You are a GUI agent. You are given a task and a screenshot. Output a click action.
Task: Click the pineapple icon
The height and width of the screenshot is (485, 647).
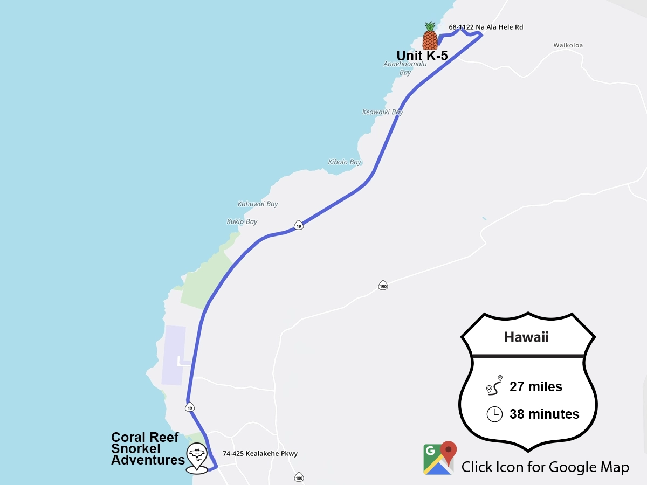point(430,36)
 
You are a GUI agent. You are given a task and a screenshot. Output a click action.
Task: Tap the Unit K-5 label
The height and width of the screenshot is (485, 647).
point(422,56)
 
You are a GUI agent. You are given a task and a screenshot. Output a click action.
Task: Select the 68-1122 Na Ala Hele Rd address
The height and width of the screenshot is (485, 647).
point(486,27)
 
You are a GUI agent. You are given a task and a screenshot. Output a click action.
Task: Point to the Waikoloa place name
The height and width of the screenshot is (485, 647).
point(568,45)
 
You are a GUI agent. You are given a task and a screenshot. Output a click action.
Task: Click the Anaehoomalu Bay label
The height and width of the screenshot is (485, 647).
point(405,68)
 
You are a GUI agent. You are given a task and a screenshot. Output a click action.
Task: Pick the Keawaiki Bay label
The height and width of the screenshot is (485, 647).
point(382,112)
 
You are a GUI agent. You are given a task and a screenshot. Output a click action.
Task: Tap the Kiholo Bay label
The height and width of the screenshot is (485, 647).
point(345,162)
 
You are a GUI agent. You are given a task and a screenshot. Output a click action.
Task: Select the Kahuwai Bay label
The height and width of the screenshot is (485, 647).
point(258,204)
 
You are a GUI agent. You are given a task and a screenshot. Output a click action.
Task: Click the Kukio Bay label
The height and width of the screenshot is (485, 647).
point(242,221)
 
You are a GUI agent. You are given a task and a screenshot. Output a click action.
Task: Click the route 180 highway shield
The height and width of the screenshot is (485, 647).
point(299,477)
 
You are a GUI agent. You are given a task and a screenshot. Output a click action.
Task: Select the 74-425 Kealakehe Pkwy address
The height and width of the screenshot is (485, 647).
point(260,454)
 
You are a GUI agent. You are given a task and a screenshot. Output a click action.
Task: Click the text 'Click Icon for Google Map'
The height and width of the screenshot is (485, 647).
point(545,467)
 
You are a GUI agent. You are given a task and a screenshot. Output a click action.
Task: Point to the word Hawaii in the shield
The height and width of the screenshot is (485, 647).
point(526,337)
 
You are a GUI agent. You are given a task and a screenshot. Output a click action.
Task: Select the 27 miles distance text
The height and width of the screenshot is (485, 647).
point(535,386)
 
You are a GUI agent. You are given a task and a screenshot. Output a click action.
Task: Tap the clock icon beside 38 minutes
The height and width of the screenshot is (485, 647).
point(494,414)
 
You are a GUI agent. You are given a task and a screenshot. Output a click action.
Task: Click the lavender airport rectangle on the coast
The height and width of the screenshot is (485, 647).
point(174,355)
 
